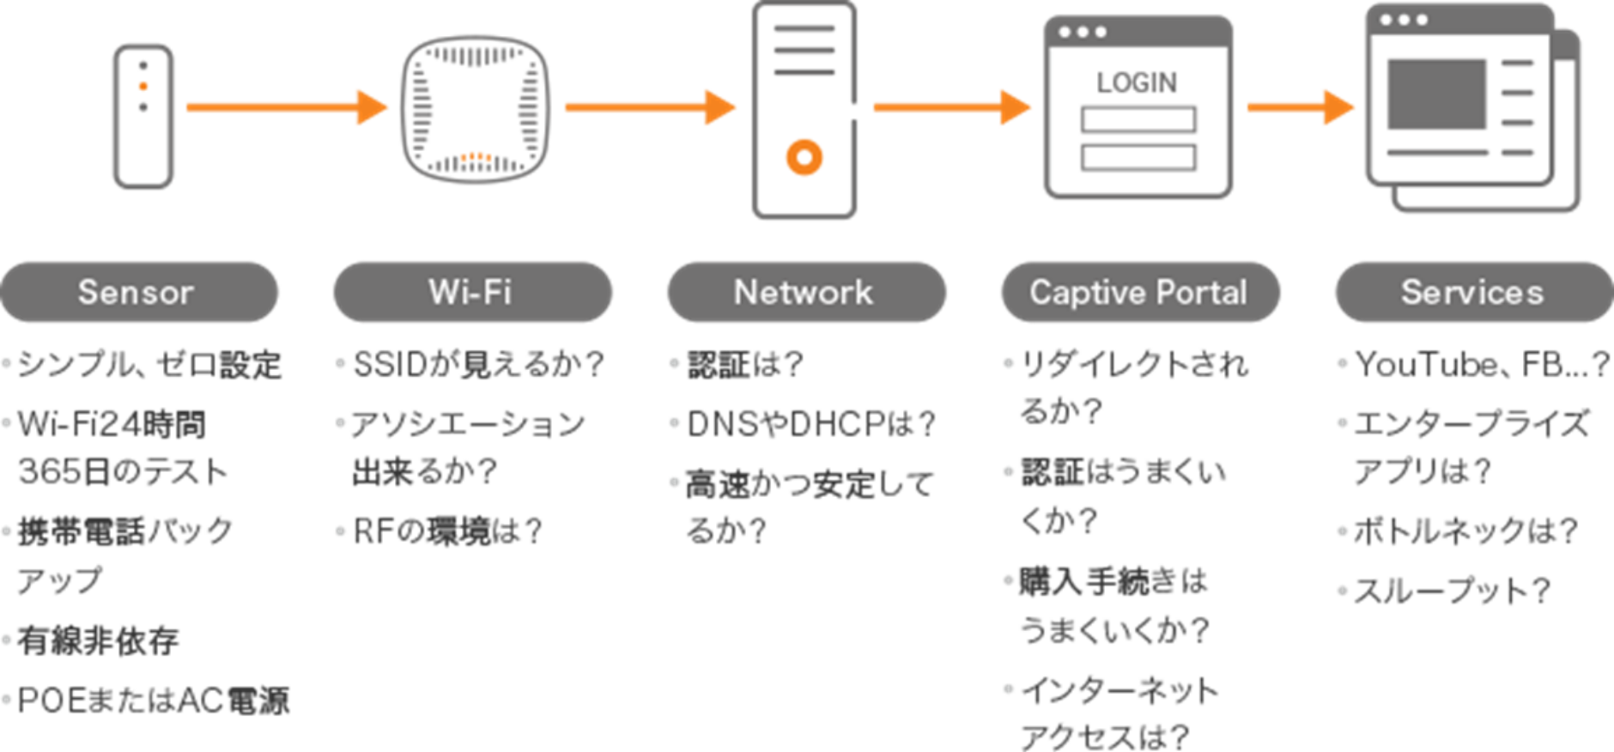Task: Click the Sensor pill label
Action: (137, 293)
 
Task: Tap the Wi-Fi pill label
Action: (471, 293)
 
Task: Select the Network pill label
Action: (805, 293)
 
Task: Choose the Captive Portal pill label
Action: (1139, 293)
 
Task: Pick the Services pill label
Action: (1473, 293)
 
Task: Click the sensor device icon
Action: (143, 117)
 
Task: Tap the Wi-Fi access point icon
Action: (475, 109)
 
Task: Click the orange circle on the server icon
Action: (804, 157)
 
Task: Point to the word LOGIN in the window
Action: (1137, 82)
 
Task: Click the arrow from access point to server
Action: (649, 107)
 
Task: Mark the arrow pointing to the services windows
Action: (1300, 107)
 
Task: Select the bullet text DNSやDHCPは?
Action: (810, 424)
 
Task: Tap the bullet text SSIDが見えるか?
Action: (478, 365)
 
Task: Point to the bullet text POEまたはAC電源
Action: (153, 700)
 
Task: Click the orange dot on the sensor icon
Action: (143, 86)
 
